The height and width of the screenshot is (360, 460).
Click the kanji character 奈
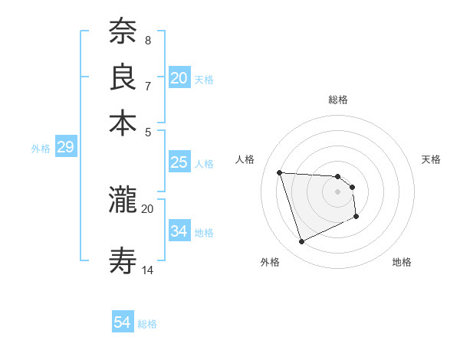point(123,32)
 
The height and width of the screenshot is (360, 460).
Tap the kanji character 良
point(123,77)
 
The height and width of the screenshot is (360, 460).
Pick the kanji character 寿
point(123,260)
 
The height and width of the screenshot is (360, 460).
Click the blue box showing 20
point(179,78)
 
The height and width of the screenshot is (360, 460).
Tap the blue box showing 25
point(179,162)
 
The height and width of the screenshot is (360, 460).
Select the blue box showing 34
point(179,231)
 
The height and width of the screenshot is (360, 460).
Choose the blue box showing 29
point(65,148)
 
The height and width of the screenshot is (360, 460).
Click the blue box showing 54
point(123,322)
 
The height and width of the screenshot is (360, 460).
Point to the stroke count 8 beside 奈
point(147,40)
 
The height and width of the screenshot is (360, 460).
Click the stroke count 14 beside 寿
point(148,270)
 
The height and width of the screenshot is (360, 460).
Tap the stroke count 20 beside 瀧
point(148,208)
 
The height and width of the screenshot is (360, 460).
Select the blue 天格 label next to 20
point(204,79)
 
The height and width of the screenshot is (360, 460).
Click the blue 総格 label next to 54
point(147,324)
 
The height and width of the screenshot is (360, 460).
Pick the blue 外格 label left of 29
point(41,149)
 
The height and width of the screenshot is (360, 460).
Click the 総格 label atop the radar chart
point(338,100)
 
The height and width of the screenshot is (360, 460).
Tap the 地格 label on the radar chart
point(402,262)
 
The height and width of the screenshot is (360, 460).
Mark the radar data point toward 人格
point(280,172)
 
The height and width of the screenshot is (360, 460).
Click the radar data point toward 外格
point(302,242)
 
